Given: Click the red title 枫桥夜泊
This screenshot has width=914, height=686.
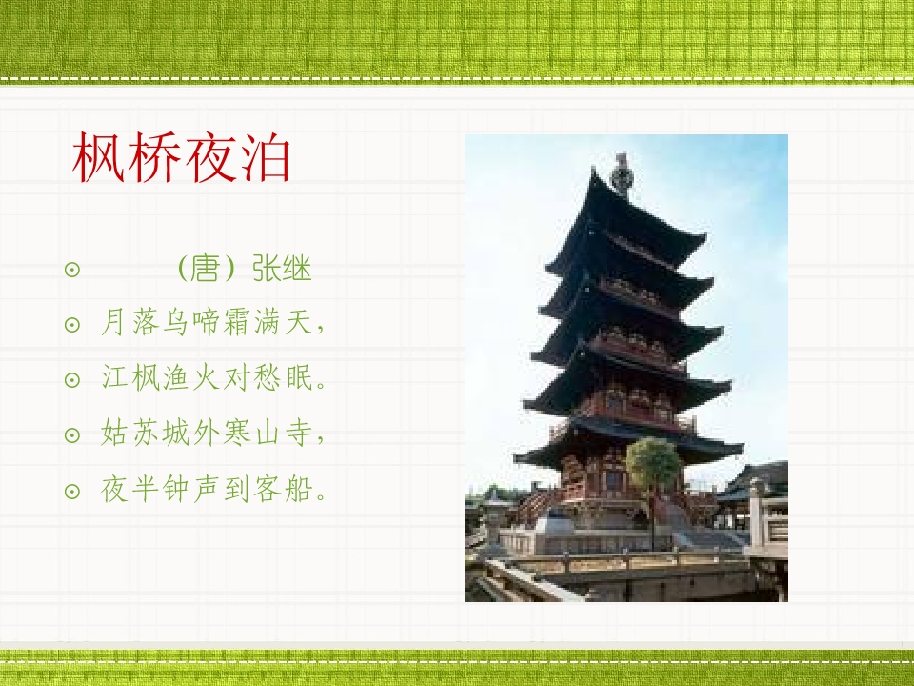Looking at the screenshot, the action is tap(181, 157).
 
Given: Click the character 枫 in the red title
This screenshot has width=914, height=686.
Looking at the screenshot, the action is tap(98, 157).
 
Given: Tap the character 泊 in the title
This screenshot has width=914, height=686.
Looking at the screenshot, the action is tap(264, 157).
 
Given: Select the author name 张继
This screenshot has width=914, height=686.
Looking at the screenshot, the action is tap(282, 269).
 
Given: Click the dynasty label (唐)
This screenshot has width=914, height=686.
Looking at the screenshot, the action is tap(206, 269).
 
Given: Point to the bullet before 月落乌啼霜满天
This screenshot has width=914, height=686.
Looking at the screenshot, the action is tap(72, 324).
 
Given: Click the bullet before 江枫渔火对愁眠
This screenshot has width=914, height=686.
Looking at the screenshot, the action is tap(72, 380).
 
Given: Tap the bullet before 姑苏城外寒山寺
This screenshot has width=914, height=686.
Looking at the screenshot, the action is tap(72, 435).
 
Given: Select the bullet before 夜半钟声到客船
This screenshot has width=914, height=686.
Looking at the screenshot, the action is tap(72, 492).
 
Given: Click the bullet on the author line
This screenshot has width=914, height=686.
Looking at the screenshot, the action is tap(72, 270).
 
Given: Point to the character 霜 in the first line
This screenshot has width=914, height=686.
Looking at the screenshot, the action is tap(237, 321).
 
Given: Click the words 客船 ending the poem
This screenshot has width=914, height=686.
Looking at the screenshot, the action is tap(282, 490).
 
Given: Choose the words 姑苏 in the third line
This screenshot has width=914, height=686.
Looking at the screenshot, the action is tap(129, 434).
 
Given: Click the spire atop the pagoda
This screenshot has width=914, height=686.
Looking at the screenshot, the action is tap(622, 173).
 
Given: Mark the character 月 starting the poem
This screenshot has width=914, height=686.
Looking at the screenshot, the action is tap(113, 321).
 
